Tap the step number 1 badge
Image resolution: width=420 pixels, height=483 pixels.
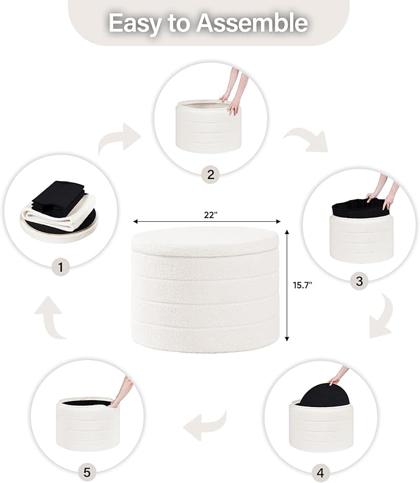(61, 267)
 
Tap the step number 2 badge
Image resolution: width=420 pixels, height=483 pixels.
(210, 174)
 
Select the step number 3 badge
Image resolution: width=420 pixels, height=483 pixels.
(359, 282)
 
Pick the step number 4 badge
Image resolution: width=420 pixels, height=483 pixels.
(320, 472)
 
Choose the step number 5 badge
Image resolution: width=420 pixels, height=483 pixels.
(87, 472)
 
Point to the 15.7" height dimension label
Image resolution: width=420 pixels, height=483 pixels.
(302, 285)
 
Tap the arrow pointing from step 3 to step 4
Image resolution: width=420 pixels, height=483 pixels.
(382, 317)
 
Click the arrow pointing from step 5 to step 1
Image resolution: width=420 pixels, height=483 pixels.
(51, 319)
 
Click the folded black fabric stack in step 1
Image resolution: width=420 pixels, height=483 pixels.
(59, 195)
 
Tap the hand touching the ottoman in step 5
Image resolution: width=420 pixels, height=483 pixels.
(122, 390)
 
